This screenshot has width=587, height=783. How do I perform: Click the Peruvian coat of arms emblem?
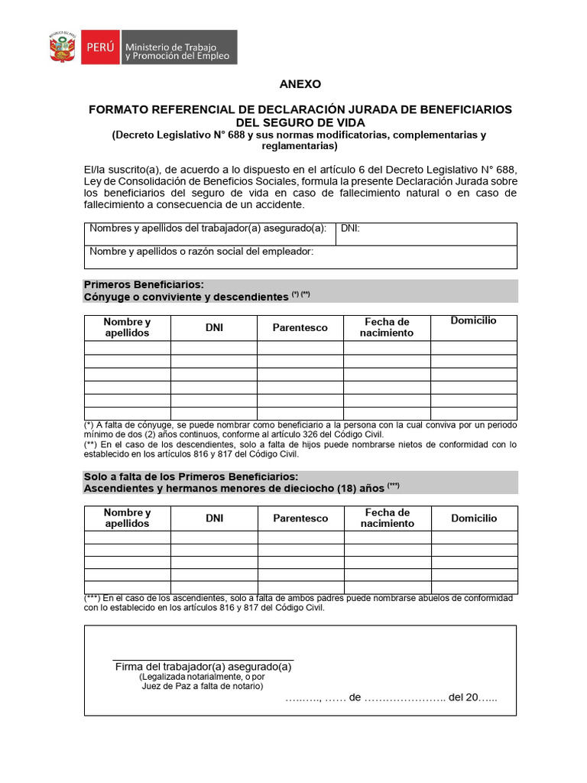pos(62,47)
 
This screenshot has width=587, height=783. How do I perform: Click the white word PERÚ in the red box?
pos(99,47)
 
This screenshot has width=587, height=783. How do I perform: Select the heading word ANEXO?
pos(300,84)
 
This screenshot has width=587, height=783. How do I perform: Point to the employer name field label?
pos(201,252)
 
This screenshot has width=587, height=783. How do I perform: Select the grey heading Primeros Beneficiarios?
pos(144,284)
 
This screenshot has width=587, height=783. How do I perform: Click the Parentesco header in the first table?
pos(300,327)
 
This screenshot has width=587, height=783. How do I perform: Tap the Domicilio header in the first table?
pos(473,320)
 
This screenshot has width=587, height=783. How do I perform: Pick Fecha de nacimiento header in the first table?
pos(387,327)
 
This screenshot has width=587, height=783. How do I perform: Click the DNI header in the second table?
pos(214,518)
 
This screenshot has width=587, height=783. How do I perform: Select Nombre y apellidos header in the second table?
pos(127,518)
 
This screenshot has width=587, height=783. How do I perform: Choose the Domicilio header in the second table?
pos(474,518)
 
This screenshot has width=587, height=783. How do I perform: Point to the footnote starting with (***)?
pos(298,603)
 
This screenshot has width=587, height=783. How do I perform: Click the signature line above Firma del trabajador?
pos(203,658)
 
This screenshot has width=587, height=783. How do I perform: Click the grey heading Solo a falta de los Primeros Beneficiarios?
pos(191,476)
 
